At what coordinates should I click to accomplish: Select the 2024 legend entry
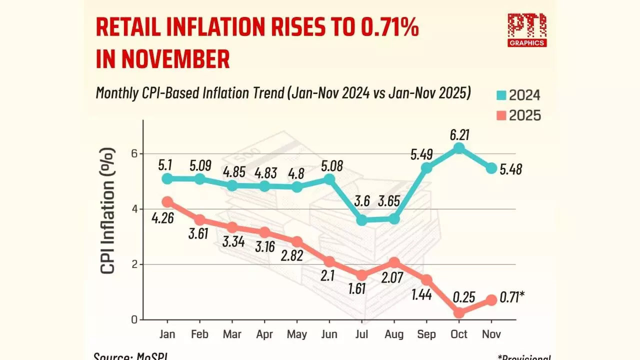pyautogui.click(x=517, y=95)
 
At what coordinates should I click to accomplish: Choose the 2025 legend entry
pyautogui.click(x=517, y=115)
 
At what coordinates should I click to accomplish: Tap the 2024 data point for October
pyautogui.click(x=458, y=148)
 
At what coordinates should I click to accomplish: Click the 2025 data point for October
pyautogui.click(x=458, y=312)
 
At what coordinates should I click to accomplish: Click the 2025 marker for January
pyautogui.click(x=167, y=201)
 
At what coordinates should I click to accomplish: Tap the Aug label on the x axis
pyautogui.click(x=394, y=334)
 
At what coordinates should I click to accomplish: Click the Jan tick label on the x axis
pyautogui.click(x=167, y=334)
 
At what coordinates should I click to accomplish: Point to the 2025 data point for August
pyautogui.click(x=394, y=262)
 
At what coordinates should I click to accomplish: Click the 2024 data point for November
pyautogui.click(x=491, y=168)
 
